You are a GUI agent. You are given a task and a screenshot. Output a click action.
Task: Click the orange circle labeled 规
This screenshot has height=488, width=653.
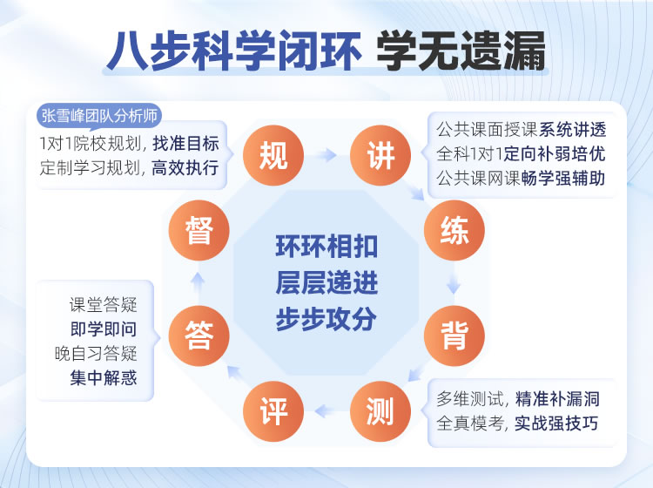(x=273, y=156)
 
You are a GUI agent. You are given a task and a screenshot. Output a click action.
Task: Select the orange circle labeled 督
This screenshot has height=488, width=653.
(x=199, y=233)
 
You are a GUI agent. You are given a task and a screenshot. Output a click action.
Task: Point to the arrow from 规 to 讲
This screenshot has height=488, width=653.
(x=326, y=156)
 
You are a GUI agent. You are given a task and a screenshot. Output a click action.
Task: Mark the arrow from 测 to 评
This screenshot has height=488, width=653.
(x=326, y=407)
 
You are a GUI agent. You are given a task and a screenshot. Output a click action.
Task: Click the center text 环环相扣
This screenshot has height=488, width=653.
(x=326, y=247)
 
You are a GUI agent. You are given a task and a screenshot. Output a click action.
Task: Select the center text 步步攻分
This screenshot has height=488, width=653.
(x=326, y=319)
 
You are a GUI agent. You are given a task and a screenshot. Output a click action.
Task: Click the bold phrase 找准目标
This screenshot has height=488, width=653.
(x=185, y=143)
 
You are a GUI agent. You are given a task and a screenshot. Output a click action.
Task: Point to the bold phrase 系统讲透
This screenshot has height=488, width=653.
(x=572, y=131)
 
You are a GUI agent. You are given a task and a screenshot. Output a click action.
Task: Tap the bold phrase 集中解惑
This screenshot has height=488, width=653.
(x=104, y=378)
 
